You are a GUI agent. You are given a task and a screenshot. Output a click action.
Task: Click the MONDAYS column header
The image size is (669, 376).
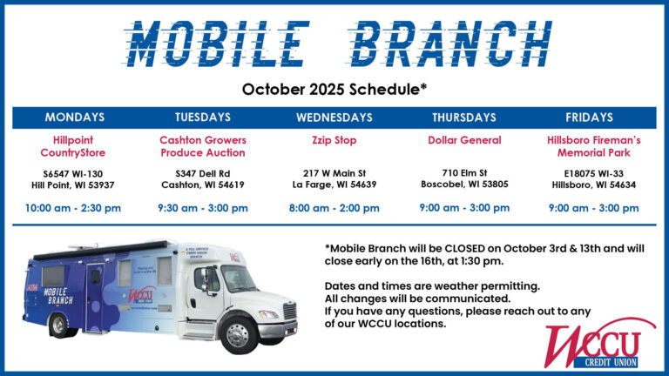75,117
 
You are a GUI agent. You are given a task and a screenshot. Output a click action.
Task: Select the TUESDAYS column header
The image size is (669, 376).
203,117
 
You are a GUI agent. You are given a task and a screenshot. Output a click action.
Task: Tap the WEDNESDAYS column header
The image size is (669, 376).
334,117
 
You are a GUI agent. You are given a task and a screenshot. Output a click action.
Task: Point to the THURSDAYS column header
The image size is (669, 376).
464,117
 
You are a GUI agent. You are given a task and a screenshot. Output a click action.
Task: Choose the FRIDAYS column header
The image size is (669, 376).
593,117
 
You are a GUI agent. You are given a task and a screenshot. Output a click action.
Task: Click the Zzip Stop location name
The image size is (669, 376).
334,140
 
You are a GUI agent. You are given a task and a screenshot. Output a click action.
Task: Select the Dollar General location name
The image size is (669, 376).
464,140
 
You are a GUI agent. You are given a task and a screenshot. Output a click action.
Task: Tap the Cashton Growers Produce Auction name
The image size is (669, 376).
203,146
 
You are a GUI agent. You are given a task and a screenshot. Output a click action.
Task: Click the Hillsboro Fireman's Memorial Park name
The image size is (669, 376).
593,146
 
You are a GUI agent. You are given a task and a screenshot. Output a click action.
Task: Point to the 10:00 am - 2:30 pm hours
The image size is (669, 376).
75,208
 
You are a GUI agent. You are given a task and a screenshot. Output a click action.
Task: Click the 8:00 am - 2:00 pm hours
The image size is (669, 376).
334,208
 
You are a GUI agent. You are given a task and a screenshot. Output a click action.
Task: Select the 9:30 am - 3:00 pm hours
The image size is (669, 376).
203,208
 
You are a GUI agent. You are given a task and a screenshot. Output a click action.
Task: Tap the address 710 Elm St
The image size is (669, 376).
464,172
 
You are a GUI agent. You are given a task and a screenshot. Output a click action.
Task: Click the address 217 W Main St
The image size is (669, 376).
334,172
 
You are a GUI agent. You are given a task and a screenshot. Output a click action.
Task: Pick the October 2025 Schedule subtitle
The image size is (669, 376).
334,89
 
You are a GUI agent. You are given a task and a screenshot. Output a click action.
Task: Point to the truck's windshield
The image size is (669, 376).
238,279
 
